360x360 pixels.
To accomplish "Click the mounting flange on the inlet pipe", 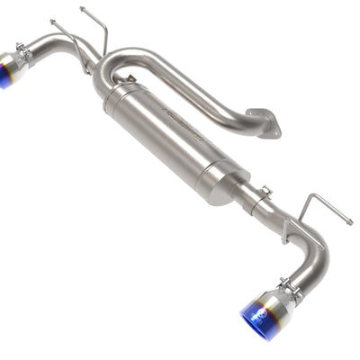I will [x=263, y=121].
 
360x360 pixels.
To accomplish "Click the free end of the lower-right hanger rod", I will [x=348, y=221].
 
